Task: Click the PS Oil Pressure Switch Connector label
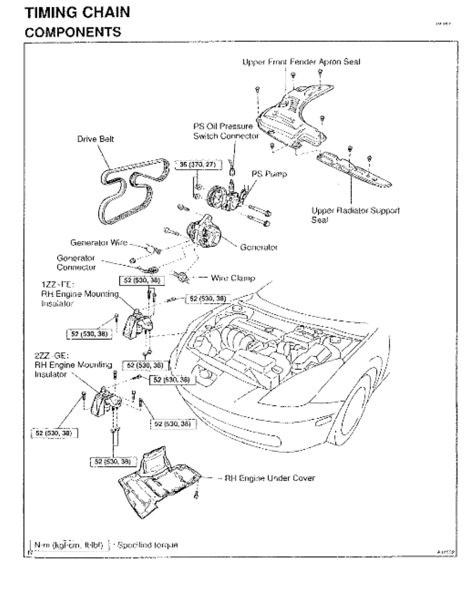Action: pos(226,131)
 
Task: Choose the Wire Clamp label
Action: pos(233,277)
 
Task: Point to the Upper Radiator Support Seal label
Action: pos(355,215)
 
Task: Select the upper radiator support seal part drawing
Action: pos(354,170)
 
